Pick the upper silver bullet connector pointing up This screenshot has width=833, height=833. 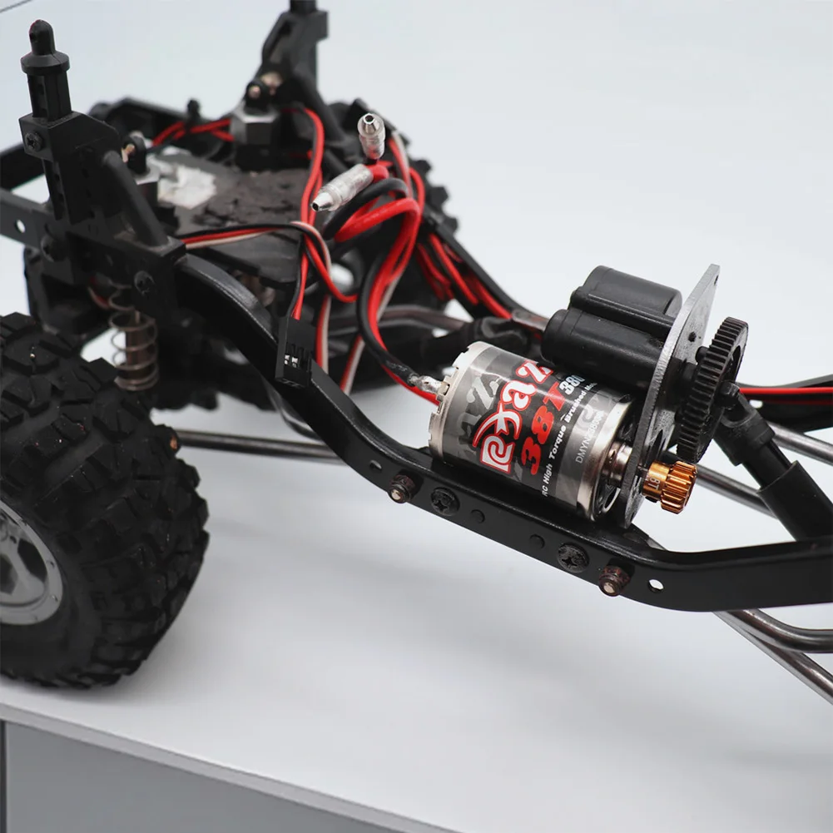(371, 133)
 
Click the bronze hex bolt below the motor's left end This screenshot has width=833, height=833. (402, 488)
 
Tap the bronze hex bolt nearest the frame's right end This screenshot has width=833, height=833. (614, 579)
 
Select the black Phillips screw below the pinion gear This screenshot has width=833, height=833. (573, 556)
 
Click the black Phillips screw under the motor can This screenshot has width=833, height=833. (444, 501)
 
